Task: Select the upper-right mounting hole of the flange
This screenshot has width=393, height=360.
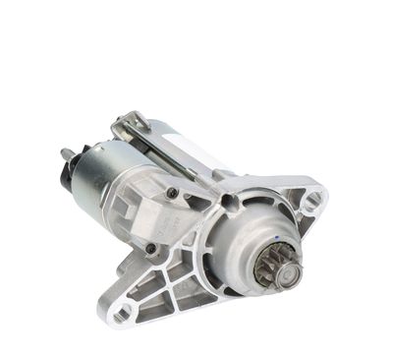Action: click(311, 202)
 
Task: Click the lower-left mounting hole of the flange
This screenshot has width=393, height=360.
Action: click(123, 314)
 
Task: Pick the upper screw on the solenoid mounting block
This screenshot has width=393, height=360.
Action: click(172, 192)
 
